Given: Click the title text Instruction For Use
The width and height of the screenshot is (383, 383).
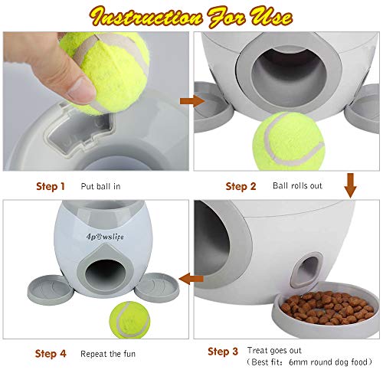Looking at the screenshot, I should point(191,15).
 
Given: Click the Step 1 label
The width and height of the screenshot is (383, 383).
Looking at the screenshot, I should point(50,186).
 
